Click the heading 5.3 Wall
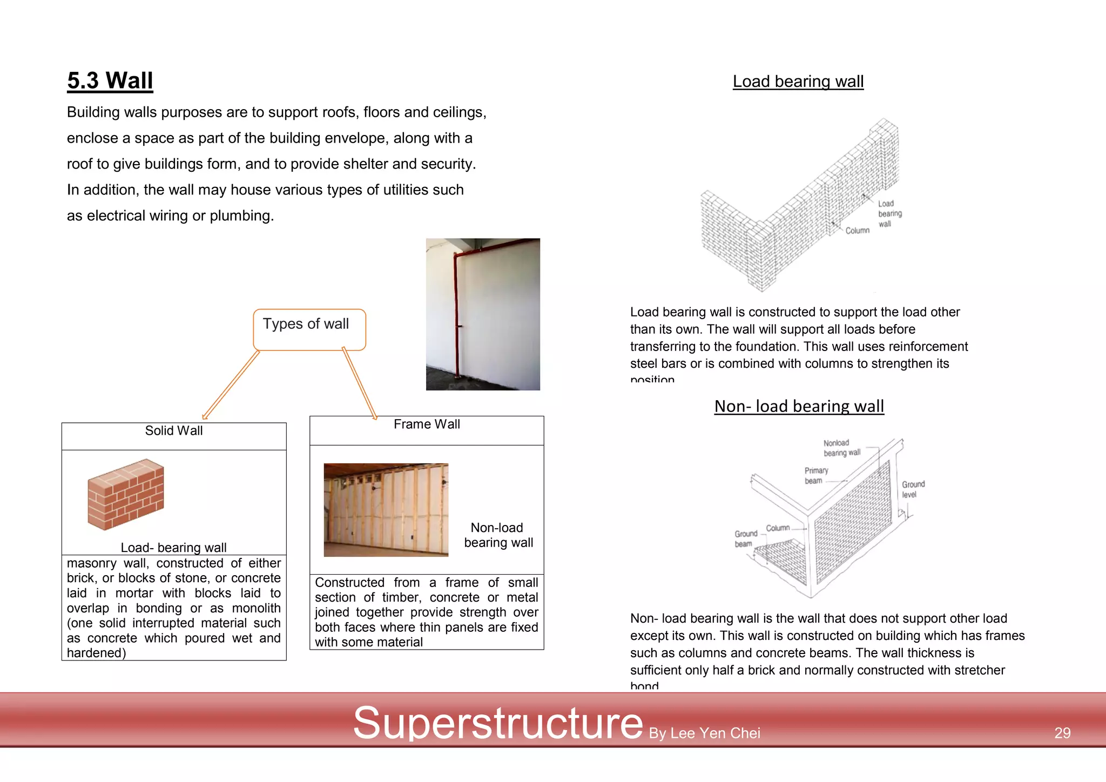click(x=110, y=81)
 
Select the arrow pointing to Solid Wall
click(x=231, y=385)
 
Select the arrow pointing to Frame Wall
click(x=359, y=384)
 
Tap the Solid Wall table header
click(x=174, y=431)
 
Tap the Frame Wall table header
click(x=427, y=424)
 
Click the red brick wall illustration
click(x=126, y=494)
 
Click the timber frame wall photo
click(x=386, y=510)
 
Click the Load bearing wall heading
click(x=798, y=82)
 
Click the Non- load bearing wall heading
click(x=799, y=406)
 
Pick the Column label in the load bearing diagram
click(x=857, y=231)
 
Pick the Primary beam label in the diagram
click(x=815, y=476)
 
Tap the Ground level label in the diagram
click(x=913, y=489)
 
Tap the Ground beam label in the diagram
click(x=745, y=538)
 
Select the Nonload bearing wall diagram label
click(x=841, y=448)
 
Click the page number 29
click(x=1062, y=733)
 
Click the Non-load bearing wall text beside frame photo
click(x=498, y=535)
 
